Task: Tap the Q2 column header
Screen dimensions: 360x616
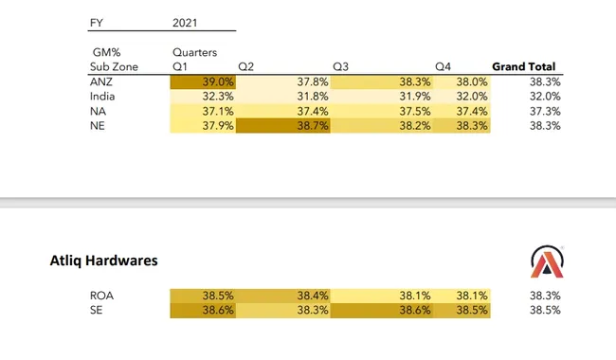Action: [x=245, y=67]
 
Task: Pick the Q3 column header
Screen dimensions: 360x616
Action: [x=341, y=67]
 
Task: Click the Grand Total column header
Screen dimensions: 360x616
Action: [x=524, y=67]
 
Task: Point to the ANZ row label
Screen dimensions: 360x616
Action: [x=100, y=82]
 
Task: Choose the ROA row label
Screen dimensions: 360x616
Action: [x=101, y=296]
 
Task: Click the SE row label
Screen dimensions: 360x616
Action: [x=96, y=310]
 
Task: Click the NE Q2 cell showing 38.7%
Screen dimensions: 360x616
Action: [x=282, y=125]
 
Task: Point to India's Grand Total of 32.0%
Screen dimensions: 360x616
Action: [x=544, y=97]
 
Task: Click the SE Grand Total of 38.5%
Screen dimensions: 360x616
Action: [x=544, y=310]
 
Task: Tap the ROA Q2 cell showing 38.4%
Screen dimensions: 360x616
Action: [x=282, y=296]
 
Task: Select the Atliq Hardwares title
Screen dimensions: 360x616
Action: [x=103, y=260]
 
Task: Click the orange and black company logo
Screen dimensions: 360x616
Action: [x=546, y=261]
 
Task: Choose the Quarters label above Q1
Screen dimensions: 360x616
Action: [x=195, y=53]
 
